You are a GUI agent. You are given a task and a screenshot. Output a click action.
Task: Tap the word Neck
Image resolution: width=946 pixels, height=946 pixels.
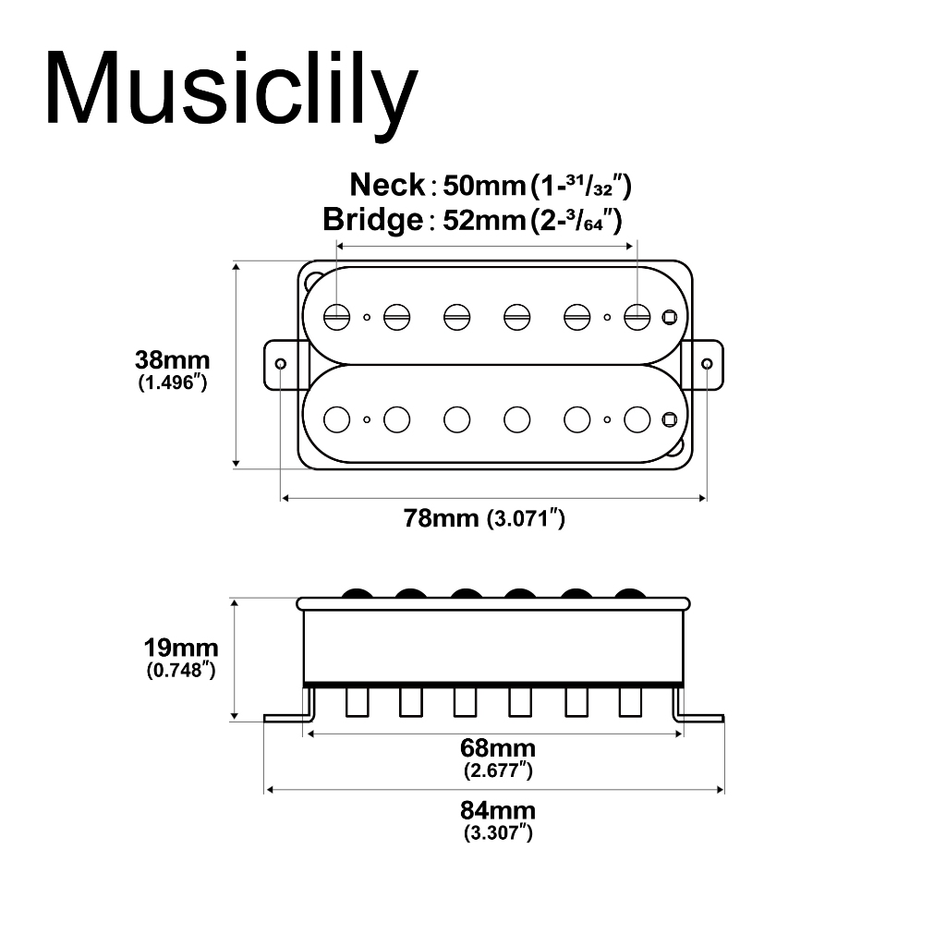pos(387,185)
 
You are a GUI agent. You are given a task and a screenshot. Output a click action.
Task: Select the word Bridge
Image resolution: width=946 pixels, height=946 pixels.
pos(373,219)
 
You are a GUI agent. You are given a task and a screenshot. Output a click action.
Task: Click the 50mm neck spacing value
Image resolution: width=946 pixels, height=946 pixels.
pos(484,186)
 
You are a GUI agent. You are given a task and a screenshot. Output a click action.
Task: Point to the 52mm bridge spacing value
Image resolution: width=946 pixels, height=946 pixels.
pos(484,220)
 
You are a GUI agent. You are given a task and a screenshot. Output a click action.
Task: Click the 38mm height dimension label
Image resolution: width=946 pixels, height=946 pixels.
pos(173,360)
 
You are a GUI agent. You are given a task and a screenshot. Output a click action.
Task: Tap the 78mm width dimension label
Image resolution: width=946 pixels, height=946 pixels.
pos(441,518)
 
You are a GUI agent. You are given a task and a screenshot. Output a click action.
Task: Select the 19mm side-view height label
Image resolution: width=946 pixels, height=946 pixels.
pos(181,648)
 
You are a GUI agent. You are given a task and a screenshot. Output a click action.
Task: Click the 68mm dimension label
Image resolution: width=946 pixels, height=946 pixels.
pos(498,748)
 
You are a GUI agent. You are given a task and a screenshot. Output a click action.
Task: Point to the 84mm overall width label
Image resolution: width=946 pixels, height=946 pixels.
pos(498,810)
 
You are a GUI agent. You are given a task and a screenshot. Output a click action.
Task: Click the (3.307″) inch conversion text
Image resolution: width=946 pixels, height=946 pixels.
pos(498,833)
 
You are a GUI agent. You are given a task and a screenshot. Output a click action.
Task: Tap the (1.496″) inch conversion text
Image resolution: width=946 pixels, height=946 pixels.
pos(173,382)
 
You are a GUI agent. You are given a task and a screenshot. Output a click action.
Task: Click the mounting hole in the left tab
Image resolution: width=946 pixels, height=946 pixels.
pos(281,364)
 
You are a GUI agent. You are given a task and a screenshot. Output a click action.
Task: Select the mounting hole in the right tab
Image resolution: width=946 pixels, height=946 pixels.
pos(707,364)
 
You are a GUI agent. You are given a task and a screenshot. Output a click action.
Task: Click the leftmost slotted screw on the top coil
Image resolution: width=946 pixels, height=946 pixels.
pos(336,317)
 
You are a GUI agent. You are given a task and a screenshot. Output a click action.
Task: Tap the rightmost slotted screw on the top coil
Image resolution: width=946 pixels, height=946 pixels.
pos(637,317)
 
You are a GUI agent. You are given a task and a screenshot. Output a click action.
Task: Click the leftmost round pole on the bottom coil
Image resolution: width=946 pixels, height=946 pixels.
pos(336,420)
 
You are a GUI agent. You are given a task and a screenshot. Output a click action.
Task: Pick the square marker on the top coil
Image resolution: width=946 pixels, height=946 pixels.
pos(670,317)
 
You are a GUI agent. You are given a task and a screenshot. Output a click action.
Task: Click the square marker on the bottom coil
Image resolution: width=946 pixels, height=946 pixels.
pos(670,420)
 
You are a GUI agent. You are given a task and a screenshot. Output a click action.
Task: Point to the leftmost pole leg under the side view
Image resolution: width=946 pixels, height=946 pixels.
pos(358,702)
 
